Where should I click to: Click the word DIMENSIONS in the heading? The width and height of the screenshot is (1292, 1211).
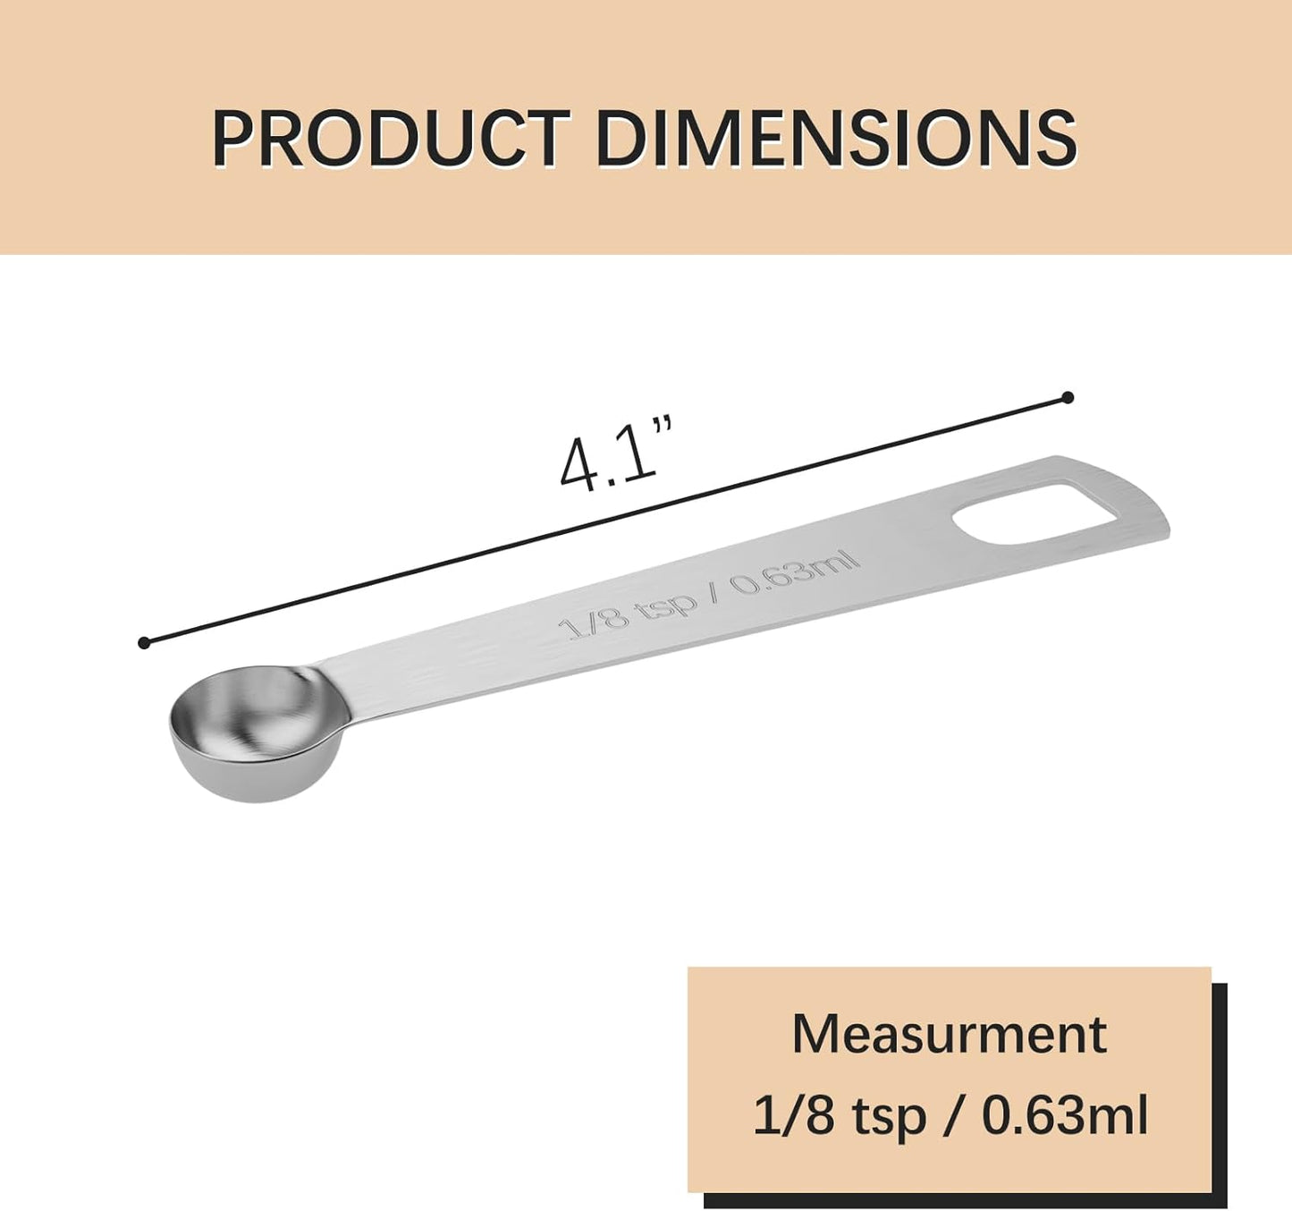coord(835,139)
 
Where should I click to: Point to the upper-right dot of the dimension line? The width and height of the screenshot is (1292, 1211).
coord(1067,397)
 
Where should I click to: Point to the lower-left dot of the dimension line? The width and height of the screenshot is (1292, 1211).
coord(144,642)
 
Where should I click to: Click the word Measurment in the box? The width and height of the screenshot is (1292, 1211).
coord(949,1034)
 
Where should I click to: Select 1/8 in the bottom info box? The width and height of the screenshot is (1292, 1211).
coord(793,1115)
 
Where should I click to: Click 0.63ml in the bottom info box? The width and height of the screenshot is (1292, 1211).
coord(1064,1115)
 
